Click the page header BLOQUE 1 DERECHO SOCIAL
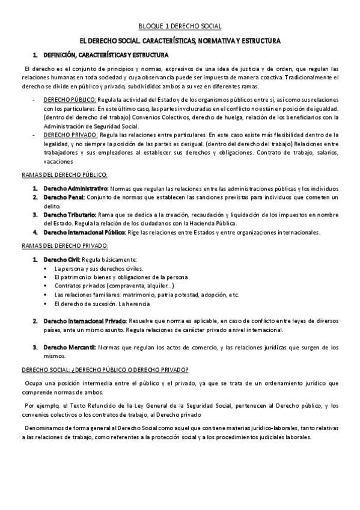(x=180, y=26)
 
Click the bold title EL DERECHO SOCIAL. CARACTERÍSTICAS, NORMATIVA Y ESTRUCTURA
(x=180, y=41)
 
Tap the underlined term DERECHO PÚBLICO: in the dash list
(x=70, y=98)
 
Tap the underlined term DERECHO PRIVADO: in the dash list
(x=69, y=136)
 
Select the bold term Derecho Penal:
(x=63, y=197)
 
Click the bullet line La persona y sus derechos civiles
(x=99, y=268)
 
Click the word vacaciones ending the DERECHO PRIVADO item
(x=58, y=161)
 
